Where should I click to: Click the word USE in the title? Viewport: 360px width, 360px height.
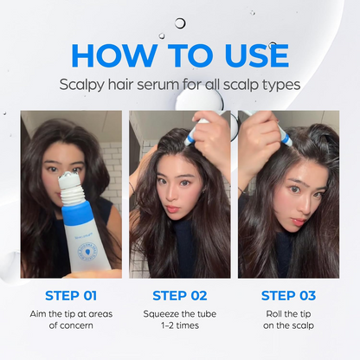pos(247,55)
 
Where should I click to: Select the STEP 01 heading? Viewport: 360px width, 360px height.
pos(71,295)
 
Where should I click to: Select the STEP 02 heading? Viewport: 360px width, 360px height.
pos(179,295)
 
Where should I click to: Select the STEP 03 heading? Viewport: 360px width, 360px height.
pos(288,295)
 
